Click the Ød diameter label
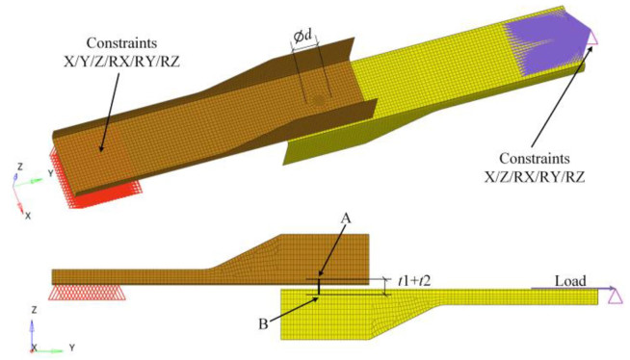coord(302,37)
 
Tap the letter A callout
coord(346,219)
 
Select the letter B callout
coord(263,323)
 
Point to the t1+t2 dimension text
coord(414,281)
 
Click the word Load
coord(570,281)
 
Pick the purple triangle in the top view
coord(593,39)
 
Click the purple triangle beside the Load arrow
coord(616,296)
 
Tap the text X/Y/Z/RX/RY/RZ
coord(121,62)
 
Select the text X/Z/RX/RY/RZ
coord(535,177)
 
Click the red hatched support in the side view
coord(87,293)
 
